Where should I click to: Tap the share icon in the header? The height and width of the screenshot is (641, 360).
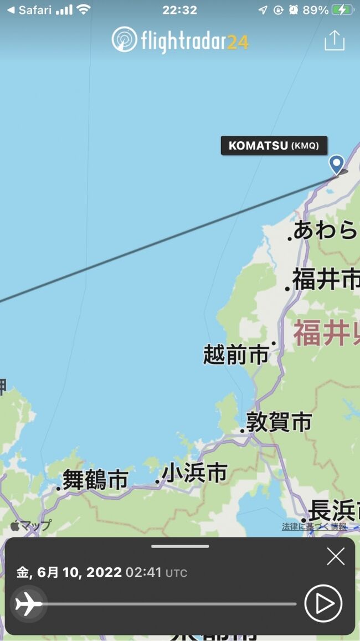click(335, 40)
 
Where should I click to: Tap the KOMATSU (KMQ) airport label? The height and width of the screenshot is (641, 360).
click(274, 146)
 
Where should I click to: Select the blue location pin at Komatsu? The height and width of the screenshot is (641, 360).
click(336, 164)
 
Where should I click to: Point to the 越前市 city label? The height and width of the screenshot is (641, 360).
click(235, 354)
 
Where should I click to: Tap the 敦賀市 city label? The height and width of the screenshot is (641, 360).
click(279, 422)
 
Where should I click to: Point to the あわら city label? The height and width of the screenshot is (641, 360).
click(325, 230)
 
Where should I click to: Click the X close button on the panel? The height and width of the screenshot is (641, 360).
click(336, 556)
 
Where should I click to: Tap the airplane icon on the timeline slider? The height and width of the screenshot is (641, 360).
click(28, 603)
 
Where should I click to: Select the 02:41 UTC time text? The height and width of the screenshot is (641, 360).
click(156, 572)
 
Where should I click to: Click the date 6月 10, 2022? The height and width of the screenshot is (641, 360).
click(79, 572)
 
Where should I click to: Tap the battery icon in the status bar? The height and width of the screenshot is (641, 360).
click(342, 10)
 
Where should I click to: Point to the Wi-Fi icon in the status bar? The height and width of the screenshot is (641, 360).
click(84, 10)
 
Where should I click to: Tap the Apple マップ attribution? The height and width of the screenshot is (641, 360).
click(31, 526)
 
